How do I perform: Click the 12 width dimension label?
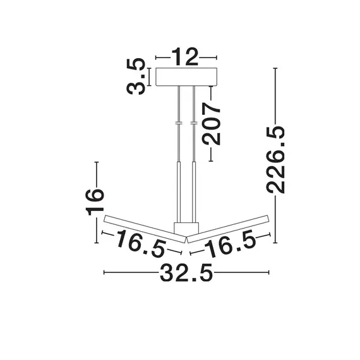coord(186,58)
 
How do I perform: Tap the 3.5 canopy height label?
coord(137,76)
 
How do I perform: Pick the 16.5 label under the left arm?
coord(141,242)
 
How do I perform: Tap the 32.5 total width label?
coord(186,273)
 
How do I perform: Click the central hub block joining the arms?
coord(185,229)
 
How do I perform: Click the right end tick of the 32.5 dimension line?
coord(270,273)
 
